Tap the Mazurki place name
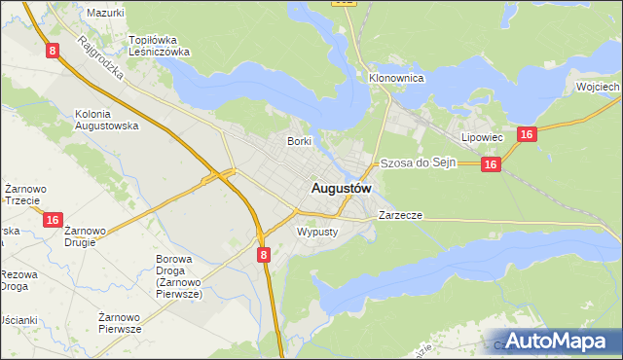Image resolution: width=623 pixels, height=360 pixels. point(105,13)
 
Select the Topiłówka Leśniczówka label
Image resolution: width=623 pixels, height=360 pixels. point(160,46)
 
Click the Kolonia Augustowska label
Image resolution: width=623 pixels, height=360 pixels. point(107,120)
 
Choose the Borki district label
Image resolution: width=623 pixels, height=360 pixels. point(299,141)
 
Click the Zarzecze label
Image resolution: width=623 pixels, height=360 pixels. point(400,214)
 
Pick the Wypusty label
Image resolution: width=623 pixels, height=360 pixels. point(315,233)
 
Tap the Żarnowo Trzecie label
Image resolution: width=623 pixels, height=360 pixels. point(21,194)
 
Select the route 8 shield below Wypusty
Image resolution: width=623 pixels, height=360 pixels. point(264,254)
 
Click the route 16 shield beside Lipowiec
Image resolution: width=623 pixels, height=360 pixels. point(525,135)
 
